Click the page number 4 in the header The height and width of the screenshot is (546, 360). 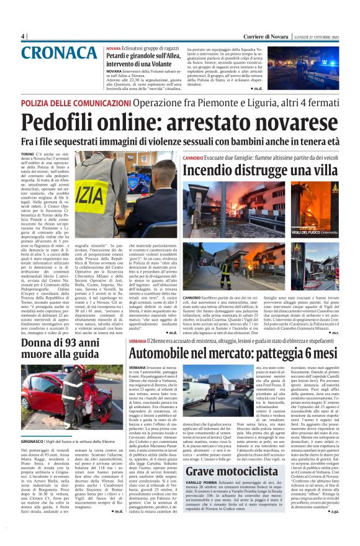point(22,36)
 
